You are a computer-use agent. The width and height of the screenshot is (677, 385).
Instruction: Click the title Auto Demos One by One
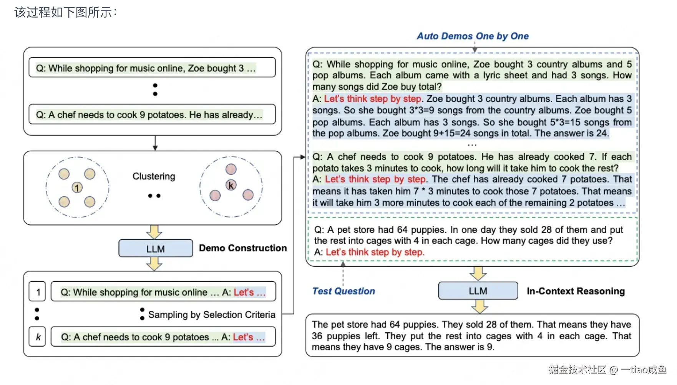pos(473,36)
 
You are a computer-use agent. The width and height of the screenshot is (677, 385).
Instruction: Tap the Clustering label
pos(154,176)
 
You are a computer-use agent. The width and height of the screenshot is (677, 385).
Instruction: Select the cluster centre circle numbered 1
pos(77,188)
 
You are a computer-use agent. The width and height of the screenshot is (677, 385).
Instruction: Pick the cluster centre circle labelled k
pos(231,185)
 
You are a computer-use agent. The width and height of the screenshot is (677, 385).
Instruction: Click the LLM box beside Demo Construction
pos(156,249)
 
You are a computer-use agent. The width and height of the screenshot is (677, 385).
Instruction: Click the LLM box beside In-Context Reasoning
pos(478,291)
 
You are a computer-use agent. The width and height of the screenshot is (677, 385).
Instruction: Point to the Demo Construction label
pos(243,248)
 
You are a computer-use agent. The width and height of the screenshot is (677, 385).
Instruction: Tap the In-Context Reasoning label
pos(576,291)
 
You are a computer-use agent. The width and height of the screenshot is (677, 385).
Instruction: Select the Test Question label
pos(343,291)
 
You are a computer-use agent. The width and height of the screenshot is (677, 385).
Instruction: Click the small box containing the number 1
pos(38,292)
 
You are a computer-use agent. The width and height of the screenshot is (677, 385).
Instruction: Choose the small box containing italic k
pos(38,337)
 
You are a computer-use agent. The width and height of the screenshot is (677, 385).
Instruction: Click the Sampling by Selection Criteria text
pos(212,315)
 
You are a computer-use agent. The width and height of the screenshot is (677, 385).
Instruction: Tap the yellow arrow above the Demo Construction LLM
pos(154,232)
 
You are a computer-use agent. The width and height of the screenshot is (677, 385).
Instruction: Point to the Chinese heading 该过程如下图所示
pos(65,12)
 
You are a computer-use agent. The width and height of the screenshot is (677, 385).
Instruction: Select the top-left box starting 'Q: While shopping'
pos(152,68)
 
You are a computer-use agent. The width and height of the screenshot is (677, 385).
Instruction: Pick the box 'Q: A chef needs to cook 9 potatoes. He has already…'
pos(152,115)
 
